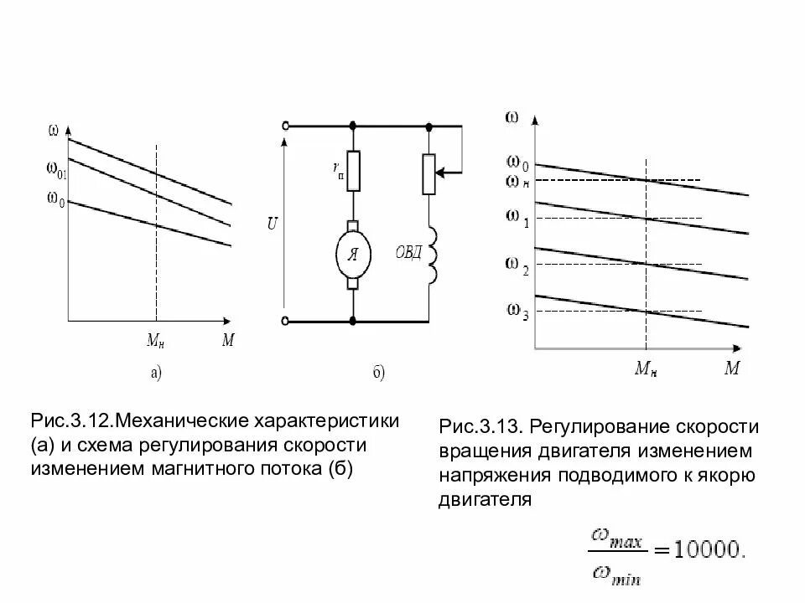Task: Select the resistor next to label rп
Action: pos(353,171)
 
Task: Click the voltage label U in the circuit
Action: pos(272,224)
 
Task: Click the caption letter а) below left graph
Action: pos(157,374)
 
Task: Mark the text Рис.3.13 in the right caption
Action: pos(480,428)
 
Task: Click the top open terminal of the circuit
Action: pos(287,126)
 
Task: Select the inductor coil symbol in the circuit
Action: pos(434,255)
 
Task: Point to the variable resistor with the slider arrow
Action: pos(431,173)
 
